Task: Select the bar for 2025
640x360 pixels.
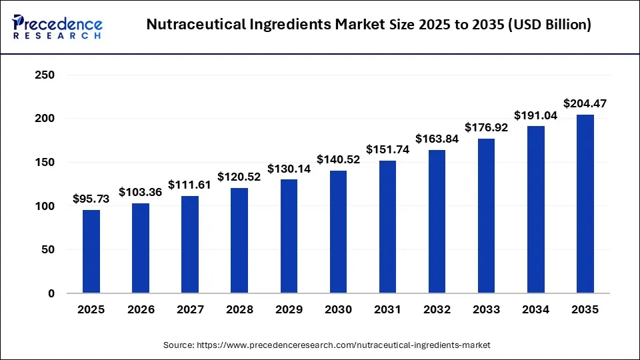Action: [91, 251]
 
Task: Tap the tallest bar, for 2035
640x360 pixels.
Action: [585, 204]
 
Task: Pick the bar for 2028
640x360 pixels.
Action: [239, 241]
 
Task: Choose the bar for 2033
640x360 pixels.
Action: [486, 216]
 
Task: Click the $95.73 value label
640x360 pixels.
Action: [91, 199]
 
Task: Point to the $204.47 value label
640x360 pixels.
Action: [585, 103]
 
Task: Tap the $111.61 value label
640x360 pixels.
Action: [190, 185]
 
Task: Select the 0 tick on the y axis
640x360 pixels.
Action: [51, 293]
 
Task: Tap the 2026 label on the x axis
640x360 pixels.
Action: [141, 310]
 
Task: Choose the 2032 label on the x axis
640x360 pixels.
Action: [437, 310]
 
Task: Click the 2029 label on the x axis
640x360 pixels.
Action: [289, 310]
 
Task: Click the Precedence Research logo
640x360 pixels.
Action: [57, 27]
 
